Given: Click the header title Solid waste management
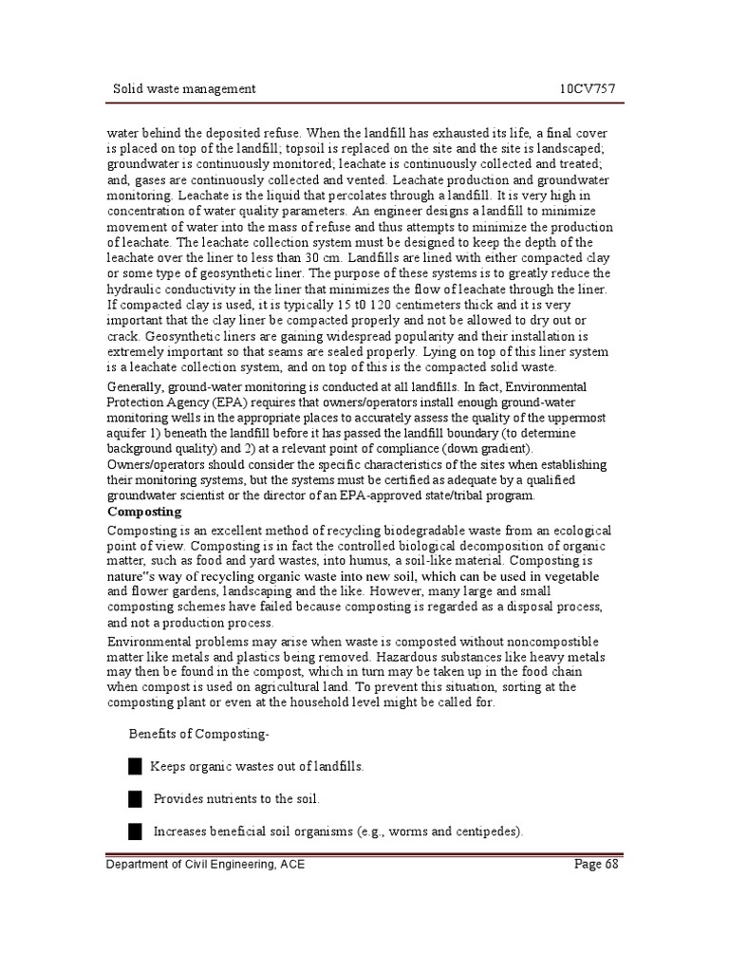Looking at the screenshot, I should point(184,89).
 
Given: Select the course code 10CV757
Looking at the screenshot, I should point(589,89).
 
